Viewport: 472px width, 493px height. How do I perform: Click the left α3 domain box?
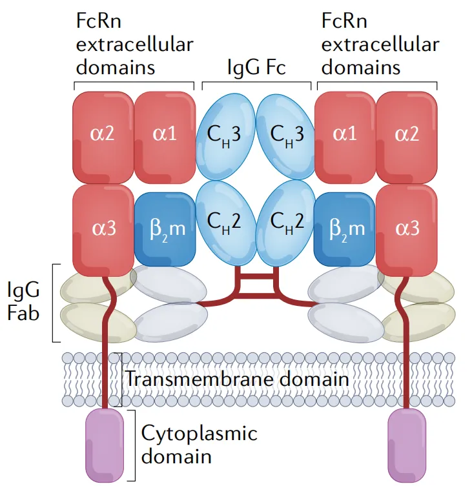pos(103,228)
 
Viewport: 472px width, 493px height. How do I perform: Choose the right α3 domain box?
pos(405,228)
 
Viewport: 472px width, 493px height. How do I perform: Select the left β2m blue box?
pos(164,228)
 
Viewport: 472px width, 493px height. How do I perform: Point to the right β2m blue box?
pos(344,228)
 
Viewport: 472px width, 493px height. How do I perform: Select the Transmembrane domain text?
pos(236,378)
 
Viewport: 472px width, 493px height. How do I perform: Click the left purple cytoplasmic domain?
pos(105,445)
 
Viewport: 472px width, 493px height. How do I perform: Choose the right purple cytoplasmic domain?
pos(407,445)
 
